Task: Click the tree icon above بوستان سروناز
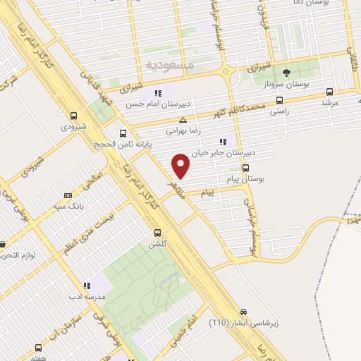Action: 286,73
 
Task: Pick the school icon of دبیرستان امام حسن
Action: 159,92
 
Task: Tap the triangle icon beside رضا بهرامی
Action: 183,120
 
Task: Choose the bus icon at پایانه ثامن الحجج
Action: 123,133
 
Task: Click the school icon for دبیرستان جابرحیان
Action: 224,142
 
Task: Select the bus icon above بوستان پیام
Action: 245,168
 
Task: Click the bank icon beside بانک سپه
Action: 68,195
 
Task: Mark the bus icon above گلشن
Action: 157,232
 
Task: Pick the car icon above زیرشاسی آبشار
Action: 243,311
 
